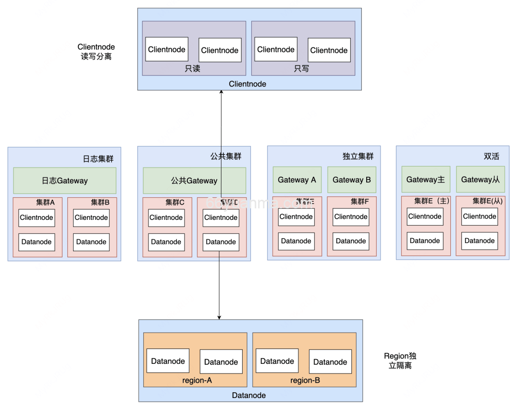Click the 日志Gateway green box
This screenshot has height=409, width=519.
point(64,180)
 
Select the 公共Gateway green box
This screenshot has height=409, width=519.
point(194,180)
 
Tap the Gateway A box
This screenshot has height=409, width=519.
point(297,180)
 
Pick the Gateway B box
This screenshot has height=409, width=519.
point(352,180)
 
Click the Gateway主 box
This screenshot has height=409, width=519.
point(426,180)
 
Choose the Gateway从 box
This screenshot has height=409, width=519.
point(481,180)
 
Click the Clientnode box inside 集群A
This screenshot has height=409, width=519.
point(37,217)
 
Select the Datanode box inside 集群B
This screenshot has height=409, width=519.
point(91,242)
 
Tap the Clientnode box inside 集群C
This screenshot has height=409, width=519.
point(166,217)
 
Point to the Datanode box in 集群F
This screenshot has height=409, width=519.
point(351,241)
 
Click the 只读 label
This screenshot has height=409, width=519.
point(192,69)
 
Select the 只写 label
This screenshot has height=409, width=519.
point(301,69)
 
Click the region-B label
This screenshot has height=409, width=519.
point(305,380)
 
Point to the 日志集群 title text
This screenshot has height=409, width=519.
point(98,159)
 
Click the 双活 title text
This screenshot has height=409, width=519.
point(491,156)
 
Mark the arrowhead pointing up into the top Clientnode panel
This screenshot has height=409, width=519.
point(221,93)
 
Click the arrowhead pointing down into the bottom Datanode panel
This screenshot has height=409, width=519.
point(219,317)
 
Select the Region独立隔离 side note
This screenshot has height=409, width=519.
point(400,361)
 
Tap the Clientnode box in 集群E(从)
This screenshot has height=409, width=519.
point(480,217)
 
